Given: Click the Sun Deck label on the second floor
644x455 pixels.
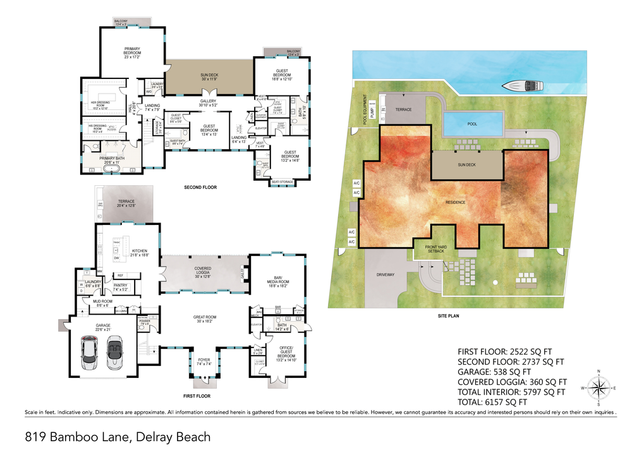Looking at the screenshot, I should (x=209, y=77).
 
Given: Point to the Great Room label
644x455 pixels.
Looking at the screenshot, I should (x=205, y=319).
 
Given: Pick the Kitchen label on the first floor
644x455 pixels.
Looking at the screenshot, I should (x=140, y=252).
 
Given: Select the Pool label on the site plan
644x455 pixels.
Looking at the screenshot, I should (x=472, y=124).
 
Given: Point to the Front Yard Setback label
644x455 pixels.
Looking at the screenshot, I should (x=434, y=249).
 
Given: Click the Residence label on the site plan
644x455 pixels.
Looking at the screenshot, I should (x=455, y=202).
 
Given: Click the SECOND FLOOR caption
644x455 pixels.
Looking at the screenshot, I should (x=201, y=188).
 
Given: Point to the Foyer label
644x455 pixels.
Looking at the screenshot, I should (x=204, y=362).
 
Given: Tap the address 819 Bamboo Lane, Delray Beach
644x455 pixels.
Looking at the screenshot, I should (x=118, y=437).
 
